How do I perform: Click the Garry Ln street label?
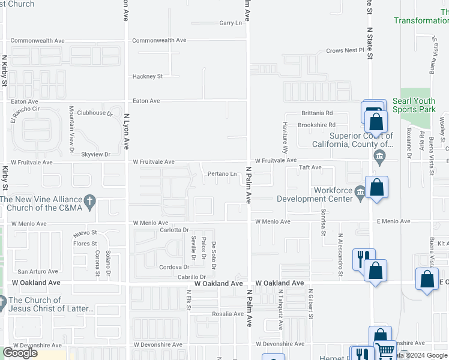pos(231,23)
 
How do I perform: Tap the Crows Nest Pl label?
pos(345,51)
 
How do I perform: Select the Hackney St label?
pos(148,77)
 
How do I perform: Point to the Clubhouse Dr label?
pos(95,113)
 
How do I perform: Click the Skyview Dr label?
pos(96,154)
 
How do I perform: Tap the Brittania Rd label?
pos(316,113)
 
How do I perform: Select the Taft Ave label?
pos(311,168)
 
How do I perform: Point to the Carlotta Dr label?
pos(174,230)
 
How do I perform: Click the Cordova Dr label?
pos(174,267)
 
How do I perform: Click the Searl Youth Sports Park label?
pos(414,106)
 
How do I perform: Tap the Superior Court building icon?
pos(379,158)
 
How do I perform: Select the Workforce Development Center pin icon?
pos(360,192)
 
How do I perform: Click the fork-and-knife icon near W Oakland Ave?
pos(361,259)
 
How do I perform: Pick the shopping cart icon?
pos(385,350)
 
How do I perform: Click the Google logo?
pos(20,353)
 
